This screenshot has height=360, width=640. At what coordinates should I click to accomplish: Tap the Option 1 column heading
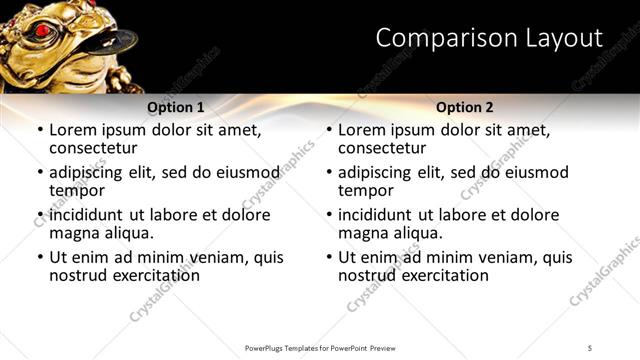coord(176,107)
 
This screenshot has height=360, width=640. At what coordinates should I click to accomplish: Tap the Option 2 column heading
coord(465,107)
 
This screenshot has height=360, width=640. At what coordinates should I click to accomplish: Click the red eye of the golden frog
coord(42,31)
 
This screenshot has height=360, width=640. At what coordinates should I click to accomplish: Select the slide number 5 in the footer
coord(590,348)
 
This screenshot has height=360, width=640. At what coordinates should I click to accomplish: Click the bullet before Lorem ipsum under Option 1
coord(39,130)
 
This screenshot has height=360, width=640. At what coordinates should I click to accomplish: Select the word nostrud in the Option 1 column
coord(78,274)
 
